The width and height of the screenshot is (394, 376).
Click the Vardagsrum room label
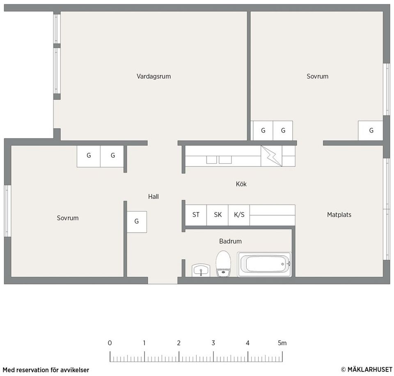[154, 76]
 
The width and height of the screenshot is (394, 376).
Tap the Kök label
[241, 184]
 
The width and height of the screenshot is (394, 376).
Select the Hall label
[153, 196]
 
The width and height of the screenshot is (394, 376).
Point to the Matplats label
[339, 215]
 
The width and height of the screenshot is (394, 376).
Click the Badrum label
[230, 241]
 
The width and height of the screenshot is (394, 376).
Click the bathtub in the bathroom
[265, 264]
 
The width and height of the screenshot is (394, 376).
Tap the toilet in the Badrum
[223, 264]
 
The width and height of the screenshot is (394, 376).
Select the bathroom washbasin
[201, 270]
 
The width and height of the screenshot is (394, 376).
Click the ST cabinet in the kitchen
[196, 215]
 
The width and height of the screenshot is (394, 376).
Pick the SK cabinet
[218, 215]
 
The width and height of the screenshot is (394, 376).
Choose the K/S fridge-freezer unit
[239, 215]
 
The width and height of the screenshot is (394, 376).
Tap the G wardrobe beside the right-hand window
[371, 131]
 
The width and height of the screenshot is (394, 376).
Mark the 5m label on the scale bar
[282, 343]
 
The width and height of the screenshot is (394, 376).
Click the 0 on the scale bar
[110, 343]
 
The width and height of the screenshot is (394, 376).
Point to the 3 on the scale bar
[213, 343]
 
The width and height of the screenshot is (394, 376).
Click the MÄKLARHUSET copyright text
[367, 369]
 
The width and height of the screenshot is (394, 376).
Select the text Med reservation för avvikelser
[46, 370]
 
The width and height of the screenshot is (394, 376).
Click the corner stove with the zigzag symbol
[271, 156]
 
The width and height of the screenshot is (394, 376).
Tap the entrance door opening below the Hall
[163, 281]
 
